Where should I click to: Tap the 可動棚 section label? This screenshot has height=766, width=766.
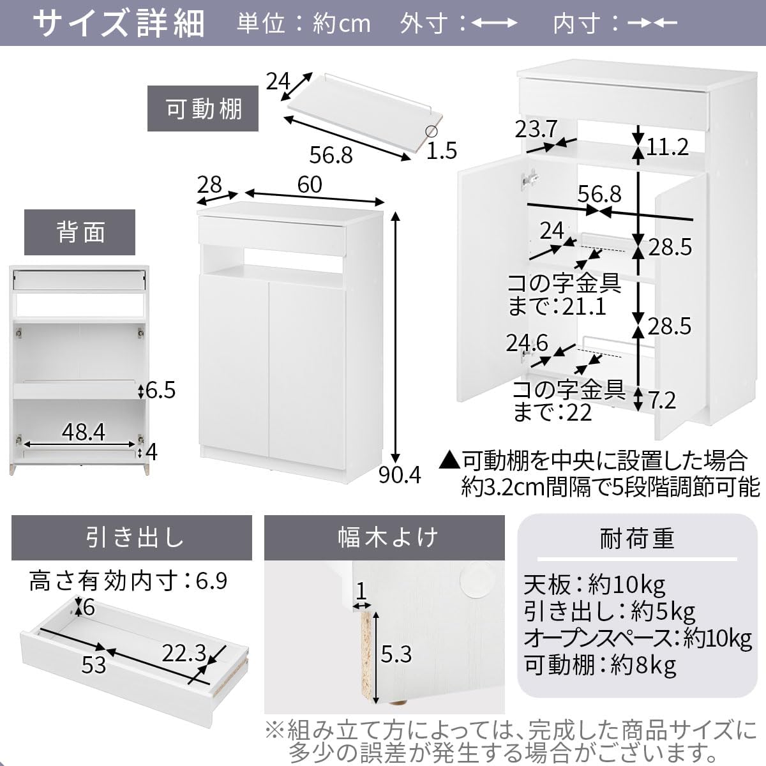pos(204,109)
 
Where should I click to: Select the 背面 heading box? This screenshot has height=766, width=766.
pos(80,232)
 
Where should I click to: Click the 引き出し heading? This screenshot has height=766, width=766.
pos(131,537)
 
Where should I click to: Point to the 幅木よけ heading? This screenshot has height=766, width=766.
pos(384,537)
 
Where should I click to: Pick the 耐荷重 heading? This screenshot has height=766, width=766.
pos(636,539)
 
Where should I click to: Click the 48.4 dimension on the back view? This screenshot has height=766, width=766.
pos(83,432)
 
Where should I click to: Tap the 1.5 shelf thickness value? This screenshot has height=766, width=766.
pos(442,151)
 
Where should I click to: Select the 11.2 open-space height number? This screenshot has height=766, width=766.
pos(667,147)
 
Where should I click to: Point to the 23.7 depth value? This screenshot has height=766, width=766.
pos(536,130)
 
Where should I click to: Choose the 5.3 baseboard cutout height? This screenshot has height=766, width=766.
pos(396,654)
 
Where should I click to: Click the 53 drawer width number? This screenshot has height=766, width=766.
pos(93,665)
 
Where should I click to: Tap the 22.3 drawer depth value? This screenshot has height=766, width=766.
pos(183,652)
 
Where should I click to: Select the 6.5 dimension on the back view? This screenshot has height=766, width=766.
pos(160,389)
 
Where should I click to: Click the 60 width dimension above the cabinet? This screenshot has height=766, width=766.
pos(310,184)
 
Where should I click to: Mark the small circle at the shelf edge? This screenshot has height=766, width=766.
pos(432,132)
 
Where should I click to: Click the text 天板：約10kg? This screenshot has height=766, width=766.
pos(594,583)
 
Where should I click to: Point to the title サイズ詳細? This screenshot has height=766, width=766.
pos(119,24)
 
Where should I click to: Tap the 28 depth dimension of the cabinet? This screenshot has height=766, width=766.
pos(209,184)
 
